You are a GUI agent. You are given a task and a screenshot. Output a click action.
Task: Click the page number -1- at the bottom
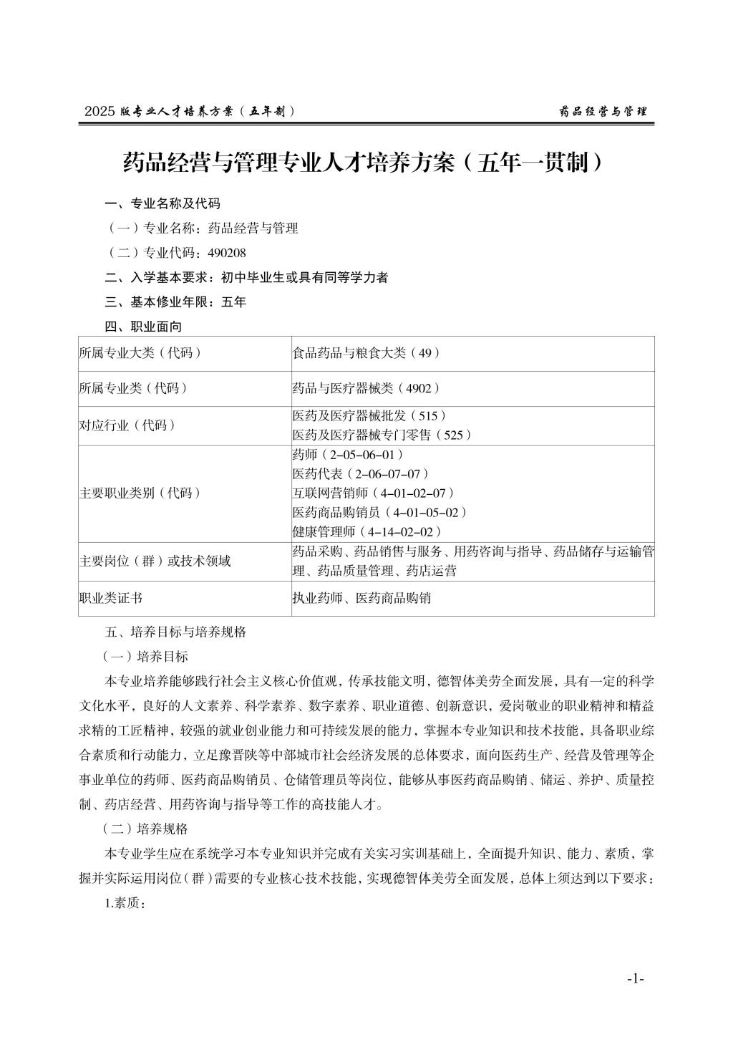click(x=636, y=978)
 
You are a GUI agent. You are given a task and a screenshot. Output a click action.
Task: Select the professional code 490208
click(x=226, y=253)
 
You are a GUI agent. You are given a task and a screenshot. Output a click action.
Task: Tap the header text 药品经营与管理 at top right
click(x=602, y=112)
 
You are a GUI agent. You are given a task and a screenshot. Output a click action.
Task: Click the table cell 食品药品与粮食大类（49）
click(x=366, y=353)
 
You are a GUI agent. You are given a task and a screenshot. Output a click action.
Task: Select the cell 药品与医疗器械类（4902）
click(x=366, y=388)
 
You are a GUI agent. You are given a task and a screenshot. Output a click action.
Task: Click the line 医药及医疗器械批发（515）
click(x=370, y=416)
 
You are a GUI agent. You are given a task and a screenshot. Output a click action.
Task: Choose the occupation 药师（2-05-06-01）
click(x=349, y=455)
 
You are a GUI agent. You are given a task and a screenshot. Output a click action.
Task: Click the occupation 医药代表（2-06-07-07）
click(x=361, y=474)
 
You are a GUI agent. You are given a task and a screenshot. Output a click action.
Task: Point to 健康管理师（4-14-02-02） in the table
click(x=367, y=531)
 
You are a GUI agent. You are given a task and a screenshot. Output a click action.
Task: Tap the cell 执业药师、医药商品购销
click(x=361, y=598)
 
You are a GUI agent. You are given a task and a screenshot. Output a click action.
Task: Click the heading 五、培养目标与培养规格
click(x=175, y=632)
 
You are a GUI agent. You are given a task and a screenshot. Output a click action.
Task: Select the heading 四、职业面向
click(x=143, y=327)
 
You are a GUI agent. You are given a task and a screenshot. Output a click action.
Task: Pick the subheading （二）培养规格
click(x=146, y=829)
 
